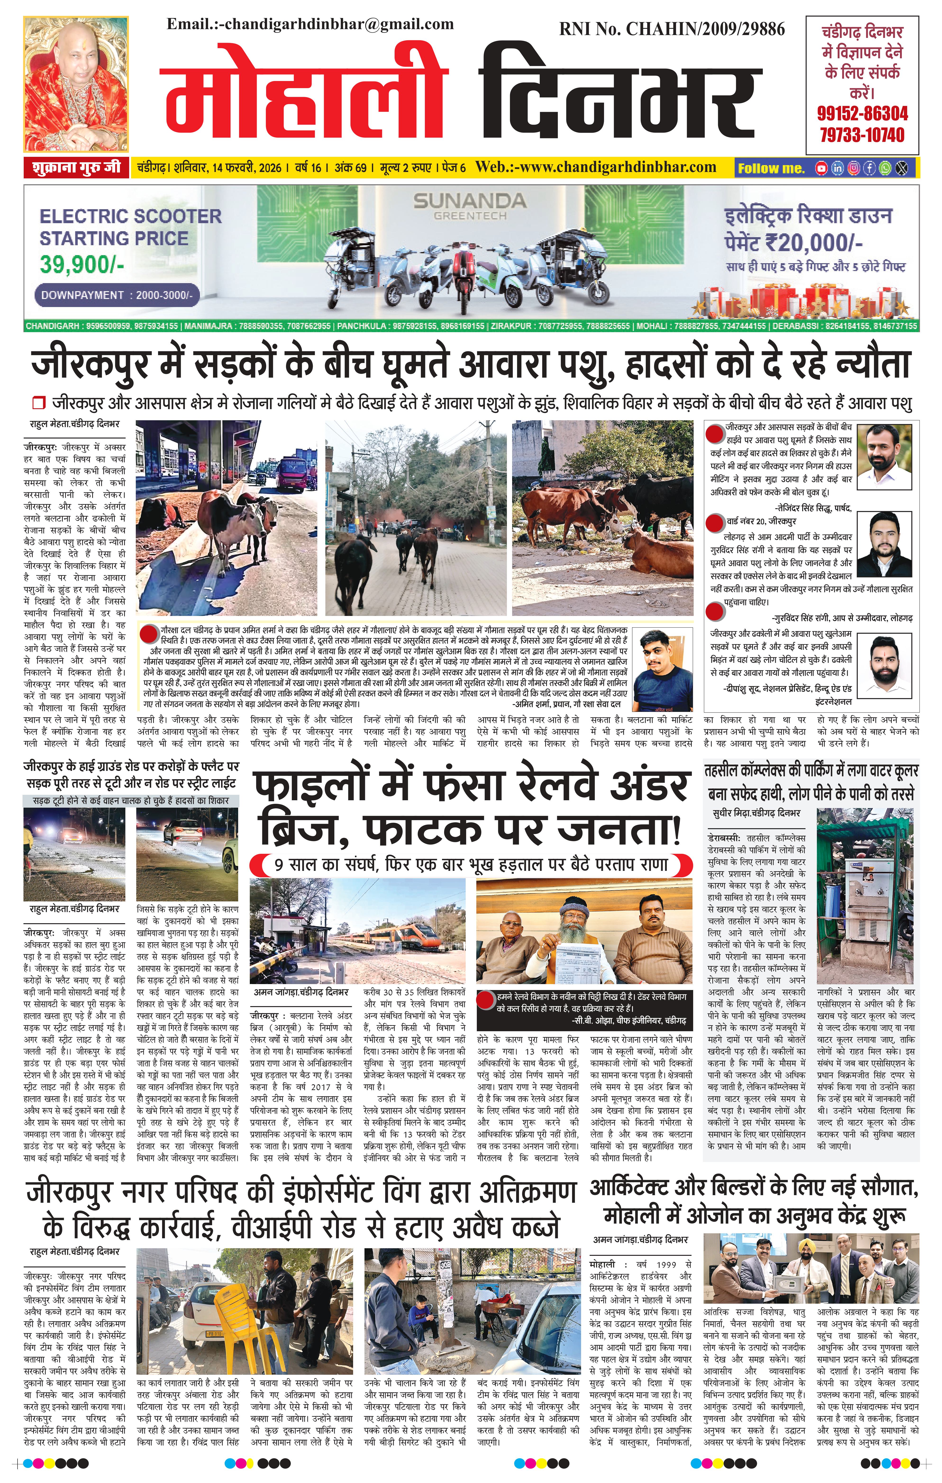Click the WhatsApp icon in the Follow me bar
(x=885, y=167)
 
